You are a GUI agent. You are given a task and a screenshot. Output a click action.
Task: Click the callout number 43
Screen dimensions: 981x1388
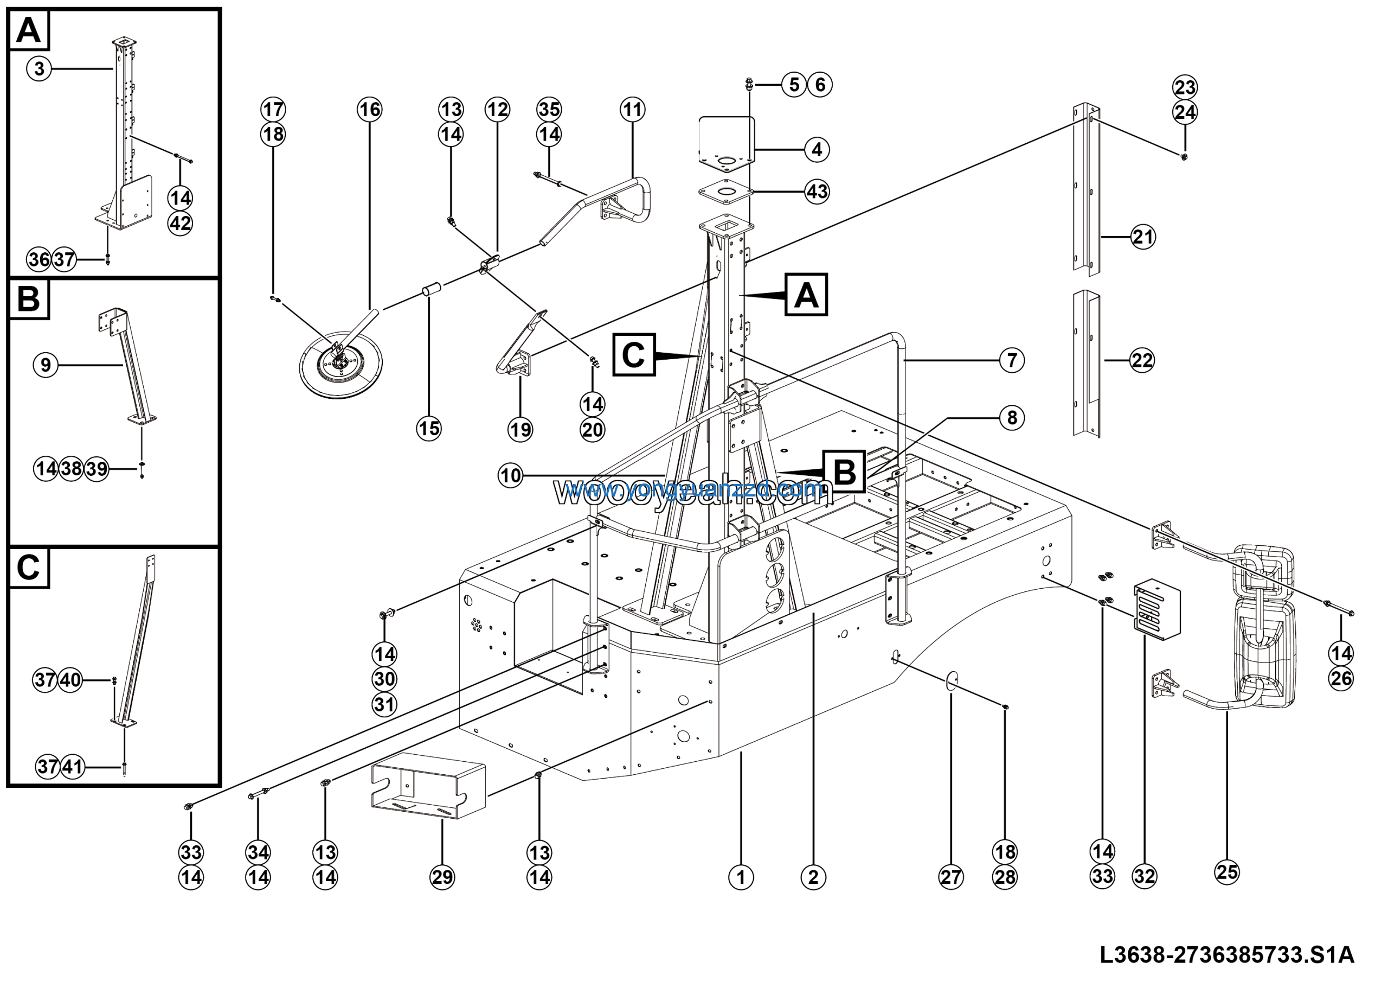(817, 192)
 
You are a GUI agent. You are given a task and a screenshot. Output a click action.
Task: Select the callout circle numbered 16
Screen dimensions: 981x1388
(369, 110)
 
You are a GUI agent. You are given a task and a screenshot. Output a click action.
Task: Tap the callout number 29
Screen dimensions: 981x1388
(442, 877)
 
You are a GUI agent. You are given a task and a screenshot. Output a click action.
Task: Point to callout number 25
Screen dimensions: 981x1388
(1226, 872)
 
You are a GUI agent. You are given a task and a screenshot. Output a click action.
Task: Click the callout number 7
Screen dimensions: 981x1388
(1012, 360)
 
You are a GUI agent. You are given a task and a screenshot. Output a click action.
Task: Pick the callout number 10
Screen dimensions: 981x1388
(510, 475)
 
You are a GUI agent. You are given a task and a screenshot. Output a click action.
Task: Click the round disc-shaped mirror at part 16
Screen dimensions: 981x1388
(341, 366)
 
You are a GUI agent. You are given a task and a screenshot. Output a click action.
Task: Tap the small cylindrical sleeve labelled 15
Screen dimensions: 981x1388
(432, 291)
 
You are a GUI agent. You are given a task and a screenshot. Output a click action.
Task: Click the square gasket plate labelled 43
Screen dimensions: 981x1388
(726, 192)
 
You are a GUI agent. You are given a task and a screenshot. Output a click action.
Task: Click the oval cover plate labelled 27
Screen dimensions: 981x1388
(952, 680)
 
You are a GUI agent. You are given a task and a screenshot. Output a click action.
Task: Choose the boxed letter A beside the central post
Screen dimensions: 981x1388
(806, 295)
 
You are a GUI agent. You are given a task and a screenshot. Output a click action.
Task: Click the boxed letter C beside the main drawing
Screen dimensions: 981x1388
(634, 355)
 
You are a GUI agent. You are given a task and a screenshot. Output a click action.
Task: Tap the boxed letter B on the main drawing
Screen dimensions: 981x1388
(844, 472)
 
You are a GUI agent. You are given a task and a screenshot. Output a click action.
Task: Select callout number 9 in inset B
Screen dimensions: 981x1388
(46, 365)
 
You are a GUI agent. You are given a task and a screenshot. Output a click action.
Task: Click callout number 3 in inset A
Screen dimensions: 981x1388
(39, 68)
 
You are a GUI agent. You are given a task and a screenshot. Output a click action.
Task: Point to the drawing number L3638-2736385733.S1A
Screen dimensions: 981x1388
(1226, 955)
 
